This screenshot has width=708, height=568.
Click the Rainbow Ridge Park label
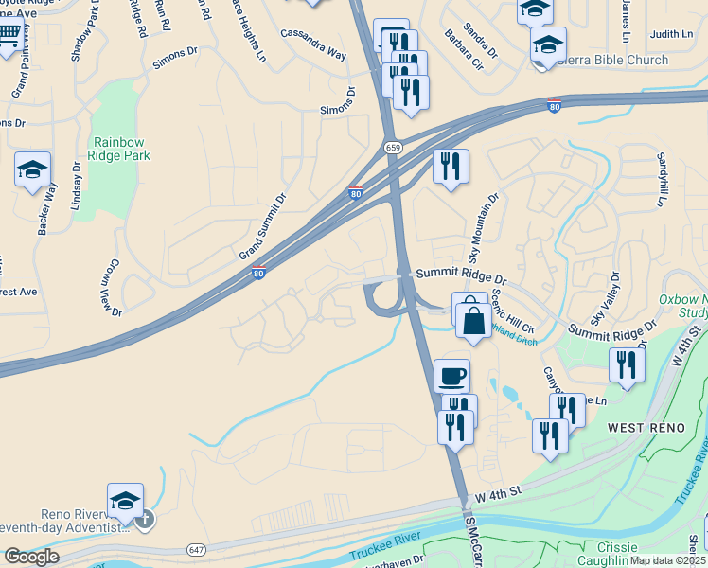(120, 149)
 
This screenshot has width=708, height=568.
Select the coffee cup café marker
(451, 375)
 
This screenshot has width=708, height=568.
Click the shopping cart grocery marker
(8, 37)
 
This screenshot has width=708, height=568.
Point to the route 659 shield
(391, 148)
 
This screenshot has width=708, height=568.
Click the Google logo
(31, 557)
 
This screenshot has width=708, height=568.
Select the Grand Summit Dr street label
(262, 228)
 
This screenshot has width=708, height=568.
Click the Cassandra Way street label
(312, 44)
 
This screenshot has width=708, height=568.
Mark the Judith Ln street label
(672, 34)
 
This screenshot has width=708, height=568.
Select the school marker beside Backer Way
(32, 170)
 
